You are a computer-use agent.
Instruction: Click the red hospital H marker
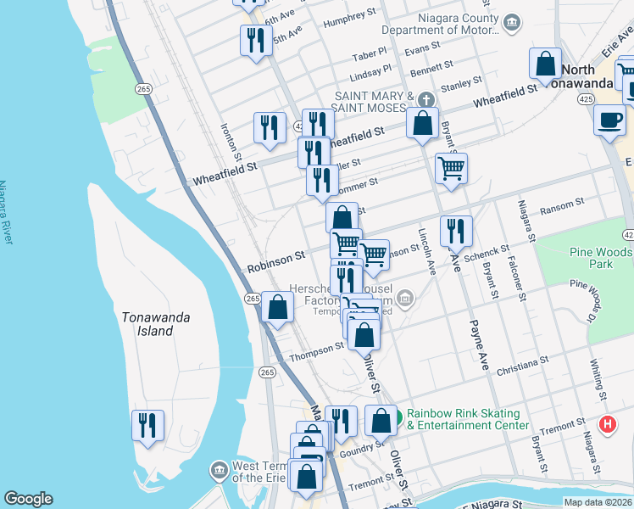pyautogui.click(x=607, y=425)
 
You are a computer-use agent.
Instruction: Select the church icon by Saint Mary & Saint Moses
pyautogui.click(x=429, y=96)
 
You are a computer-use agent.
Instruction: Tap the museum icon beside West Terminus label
pyautogui.click(x=220, y=469)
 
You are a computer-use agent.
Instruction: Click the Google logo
pyautogui.click(x=28, y=499)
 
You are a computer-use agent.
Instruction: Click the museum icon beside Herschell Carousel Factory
pyautogui.click(x=405, y=297)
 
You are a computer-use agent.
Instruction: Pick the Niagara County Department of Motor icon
pyautogui.click(x=511, y=22)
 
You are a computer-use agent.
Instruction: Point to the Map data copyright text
pyautogui.click(x=598, y=502)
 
